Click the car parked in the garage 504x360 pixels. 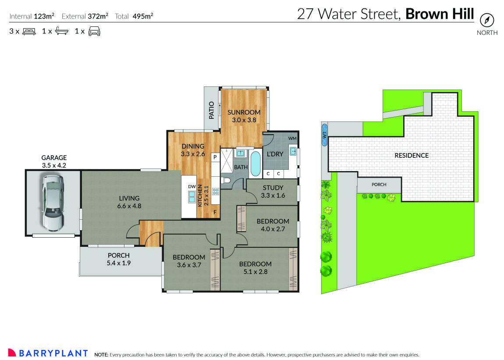click(53, 202)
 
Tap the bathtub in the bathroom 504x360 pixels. click(255, 164)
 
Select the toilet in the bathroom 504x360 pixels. click(226, 180)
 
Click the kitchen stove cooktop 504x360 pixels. click(215, 191)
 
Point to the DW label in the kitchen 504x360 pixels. click(192, 187)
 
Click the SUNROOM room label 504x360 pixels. click(244, 112)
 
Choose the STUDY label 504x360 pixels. click(273, 188)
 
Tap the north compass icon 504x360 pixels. click(487, 20)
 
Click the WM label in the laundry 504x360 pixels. click(292, 139)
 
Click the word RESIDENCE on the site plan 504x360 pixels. click(412, 155)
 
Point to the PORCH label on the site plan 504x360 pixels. click(379, 185)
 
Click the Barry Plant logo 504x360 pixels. click(48, 353)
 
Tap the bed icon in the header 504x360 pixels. click(29, 31)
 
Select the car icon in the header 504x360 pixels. click(94, 31)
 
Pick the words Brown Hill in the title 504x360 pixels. click(440, 14)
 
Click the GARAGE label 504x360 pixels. click(54, 157)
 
